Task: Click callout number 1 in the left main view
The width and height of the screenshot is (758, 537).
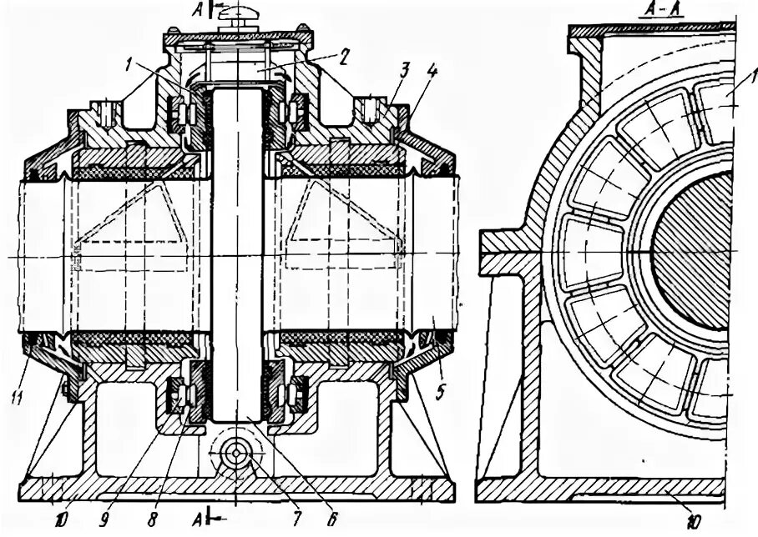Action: click(128, 61)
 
